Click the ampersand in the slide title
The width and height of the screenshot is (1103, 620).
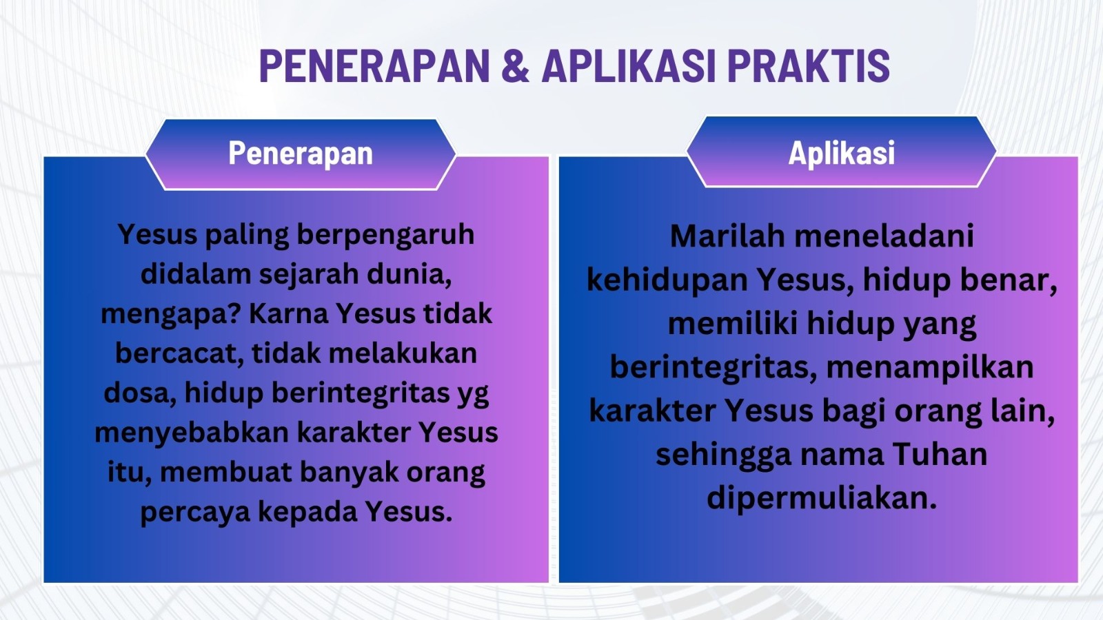click(x=516, y=65)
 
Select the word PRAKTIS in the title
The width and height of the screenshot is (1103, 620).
click(x=809, y=65)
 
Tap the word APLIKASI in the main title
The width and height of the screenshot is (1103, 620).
click(x=628, y=65)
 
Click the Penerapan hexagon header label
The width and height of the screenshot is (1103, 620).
click(x=301, y=154)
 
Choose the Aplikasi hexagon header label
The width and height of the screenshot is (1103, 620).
click(x=842, y=152)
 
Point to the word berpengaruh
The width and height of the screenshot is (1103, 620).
click(x=385, y=236)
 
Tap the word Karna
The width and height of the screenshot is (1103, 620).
click(x=289, y=313)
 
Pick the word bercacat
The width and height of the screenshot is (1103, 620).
click(x=179, y=354)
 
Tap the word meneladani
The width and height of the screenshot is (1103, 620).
click(x=884, y=236)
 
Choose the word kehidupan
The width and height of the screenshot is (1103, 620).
click(x=667, y=280)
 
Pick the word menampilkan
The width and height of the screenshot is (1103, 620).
click(x=930, y=368)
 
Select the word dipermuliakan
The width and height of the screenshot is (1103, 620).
click(x=822, y=499)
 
